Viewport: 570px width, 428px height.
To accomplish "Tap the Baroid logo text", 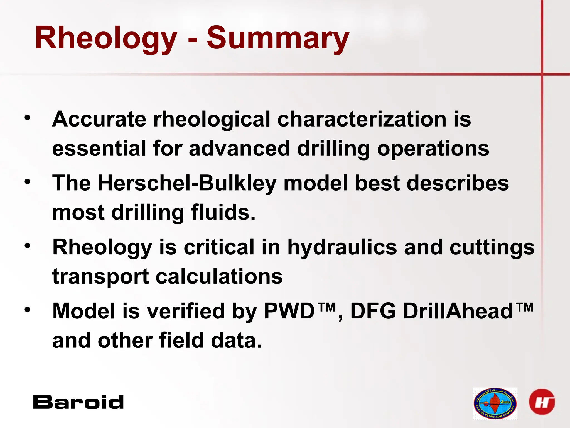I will tap(78, 402).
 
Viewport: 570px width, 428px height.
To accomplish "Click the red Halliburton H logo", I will tap(542, 402).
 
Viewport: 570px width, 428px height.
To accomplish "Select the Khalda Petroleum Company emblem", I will tap(495, 403).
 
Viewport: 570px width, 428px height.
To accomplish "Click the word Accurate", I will tap(99, 119).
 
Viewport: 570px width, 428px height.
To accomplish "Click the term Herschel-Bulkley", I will tap(187, 183).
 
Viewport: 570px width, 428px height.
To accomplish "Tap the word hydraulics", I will tap(342, 247).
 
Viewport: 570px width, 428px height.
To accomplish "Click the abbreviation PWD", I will tap(289, 311).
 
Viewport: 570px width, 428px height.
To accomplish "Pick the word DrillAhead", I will tap(458, 311).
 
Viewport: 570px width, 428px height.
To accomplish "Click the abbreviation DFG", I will tap(373, 311).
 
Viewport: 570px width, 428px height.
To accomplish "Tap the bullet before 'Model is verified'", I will tap(27, 310).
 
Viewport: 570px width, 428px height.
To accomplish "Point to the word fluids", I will tap(223, 212).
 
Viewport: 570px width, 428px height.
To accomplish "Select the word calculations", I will tap(219, 276).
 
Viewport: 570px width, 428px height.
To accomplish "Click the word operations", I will tap(433, 149).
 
